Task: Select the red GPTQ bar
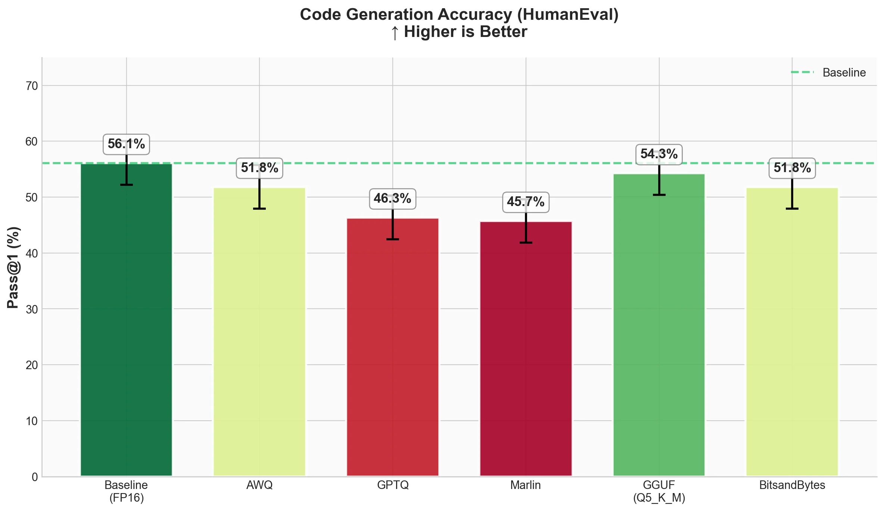pyautogui.click(x=392, y=347)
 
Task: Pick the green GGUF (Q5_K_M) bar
pyautogui.click(x=659, y=325)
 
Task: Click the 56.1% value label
pyautogui.click(x=126, y=144)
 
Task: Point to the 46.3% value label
pyautogui.click(x=392, y=199)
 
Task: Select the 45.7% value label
pyautogui.click(x=526, y=202)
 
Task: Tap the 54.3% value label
pyautogui.click(x=659, y=154)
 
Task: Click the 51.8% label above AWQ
pyautogui.click(x=259, y=168)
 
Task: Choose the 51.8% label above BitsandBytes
pyautogui.click(x=792, y=168)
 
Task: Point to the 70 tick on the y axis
pyautogui.click(x=32, y=86)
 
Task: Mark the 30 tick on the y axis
pyautogui.click(x=32, y=309)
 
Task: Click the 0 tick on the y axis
pyautogui.click(x=35, y=477)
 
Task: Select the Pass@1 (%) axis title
pyautogui.click(x=13, y=267)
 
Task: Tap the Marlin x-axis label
pyautogui.click(x=526, y=485)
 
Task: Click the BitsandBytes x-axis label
pyautogui.click(x=792, y=485)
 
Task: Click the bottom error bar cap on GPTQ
pyautogui.click(x=392, y=239)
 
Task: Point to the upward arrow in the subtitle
pyautogui.click(x=395, y=32)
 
